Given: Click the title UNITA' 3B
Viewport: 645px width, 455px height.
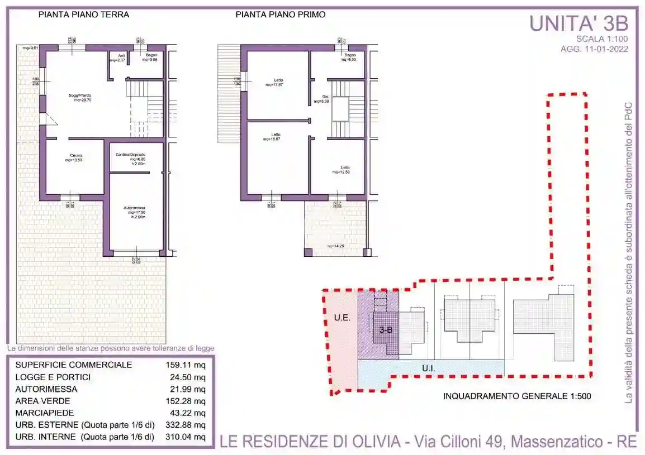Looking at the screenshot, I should (x=578, y=24).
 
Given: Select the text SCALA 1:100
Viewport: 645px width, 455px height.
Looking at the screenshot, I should (x=602, y=39).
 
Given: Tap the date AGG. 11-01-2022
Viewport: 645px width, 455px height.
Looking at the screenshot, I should (x=594, y=49).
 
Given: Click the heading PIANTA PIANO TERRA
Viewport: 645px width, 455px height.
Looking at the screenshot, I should (x=84, y=15).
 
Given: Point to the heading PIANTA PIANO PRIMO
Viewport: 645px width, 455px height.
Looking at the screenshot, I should (x=280, y=15).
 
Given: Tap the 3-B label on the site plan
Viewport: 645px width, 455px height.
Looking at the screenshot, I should (x=385, y=330).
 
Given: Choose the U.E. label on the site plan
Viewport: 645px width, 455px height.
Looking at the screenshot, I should (x=342, y=318).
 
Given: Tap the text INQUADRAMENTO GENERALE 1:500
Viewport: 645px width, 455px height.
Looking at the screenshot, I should (x=517, y=397).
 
